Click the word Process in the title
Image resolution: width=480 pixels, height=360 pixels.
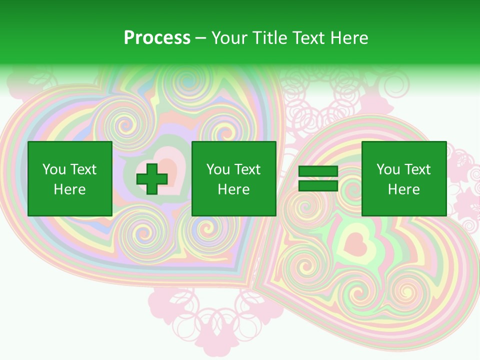[x=157, y=38]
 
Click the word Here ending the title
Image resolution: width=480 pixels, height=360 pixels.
[x=351, y=38]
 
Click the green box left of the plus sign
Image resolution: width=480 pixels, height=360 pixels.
[x=69, y=178]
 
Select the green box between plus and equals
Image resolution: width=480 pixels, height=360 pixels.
[x=233, y=178]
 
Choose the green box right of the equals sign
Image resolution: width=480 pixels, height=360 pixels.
[x=403, y=178]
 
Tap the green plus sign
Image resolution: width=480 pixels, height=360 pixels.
[x=152, y=178]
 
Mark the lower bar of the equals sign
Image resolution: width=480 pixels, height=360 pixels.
[x=318, y=185]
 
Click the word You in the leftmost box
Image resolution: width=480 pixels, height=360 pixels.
[x=53, y=169]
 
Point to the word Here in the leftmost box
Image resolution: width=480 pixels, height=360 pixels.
[x=69, y=189]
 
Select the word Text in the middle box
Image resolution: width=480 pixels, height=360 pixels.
[x=247, y=169]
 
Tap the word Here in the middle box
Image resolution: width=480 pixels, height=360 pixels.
[x=233, y=189]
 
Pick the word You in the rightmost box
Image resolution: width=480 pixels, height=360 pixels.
[x=388, y=169]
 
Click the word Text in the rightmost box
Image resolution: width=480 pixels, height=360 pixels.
[x=417, y=169]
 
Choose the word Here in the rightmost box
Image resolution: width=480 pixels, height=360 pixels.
[x=403, y=189]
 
